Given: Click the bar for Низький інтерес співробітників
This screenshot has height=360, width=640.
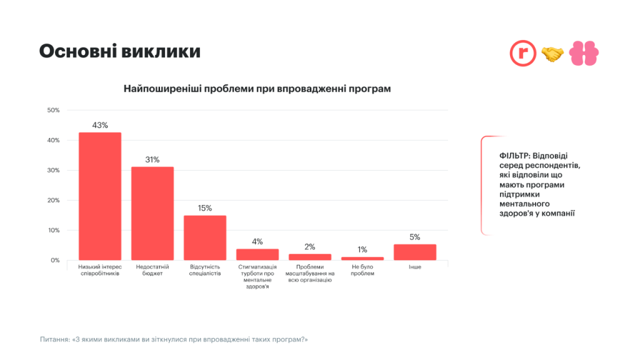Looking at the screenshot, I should pyautogui.click(x=100, y=196).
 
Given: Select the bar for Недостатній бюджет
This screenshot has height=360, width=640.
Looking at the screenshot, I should pyautogui.click(x=152, y=213).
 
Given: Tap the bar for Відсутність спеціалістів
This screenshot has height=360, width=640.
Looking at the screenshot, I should pyautogui.click(x=205, y=237).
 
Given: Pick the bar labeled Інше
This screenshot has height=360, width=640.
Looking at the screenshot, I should pyautogui.click(x=415, y=252).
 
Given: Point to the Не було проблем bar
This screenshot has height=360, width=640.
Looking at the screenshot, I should pyautogui.click(x=362, y=258).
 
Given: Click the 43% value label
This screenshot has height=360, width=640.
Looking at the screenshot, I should pyautogui.click(x=100, y=125).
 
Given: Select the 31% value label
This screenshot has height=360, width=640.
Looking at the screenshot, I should pyautogui.click(x=152, y=159).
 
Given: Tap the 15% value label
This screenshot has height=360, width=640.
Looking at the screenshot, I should pyautogui.click(x=205, y=207).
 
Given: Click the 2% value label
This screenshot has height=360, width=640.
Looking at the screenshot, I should pyautogui.click(x=310, y=246).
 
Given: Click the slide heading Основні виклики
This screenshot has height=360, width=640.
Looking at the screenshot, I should pyautogui.click(x=120, y=52).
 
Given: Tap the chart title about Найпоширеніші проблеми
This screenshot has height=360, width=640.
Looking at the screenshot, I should pyautogui.click(x=257, y=88).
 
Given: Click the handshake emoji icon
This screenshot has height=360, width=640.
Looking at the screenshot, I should pyautogui.click(x=552, y=54).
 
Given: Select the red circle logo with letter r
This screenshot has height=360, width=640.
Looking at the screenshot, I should pyautogui.click(x=522, y=54).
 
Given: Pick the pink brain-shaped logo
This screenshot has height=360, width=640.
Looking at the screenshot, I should pyautogui.click(x=584, y=54).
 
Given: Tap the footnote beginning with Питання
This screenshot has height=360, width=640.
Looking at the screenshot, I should pyautogui.click(x=174, y=339).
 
